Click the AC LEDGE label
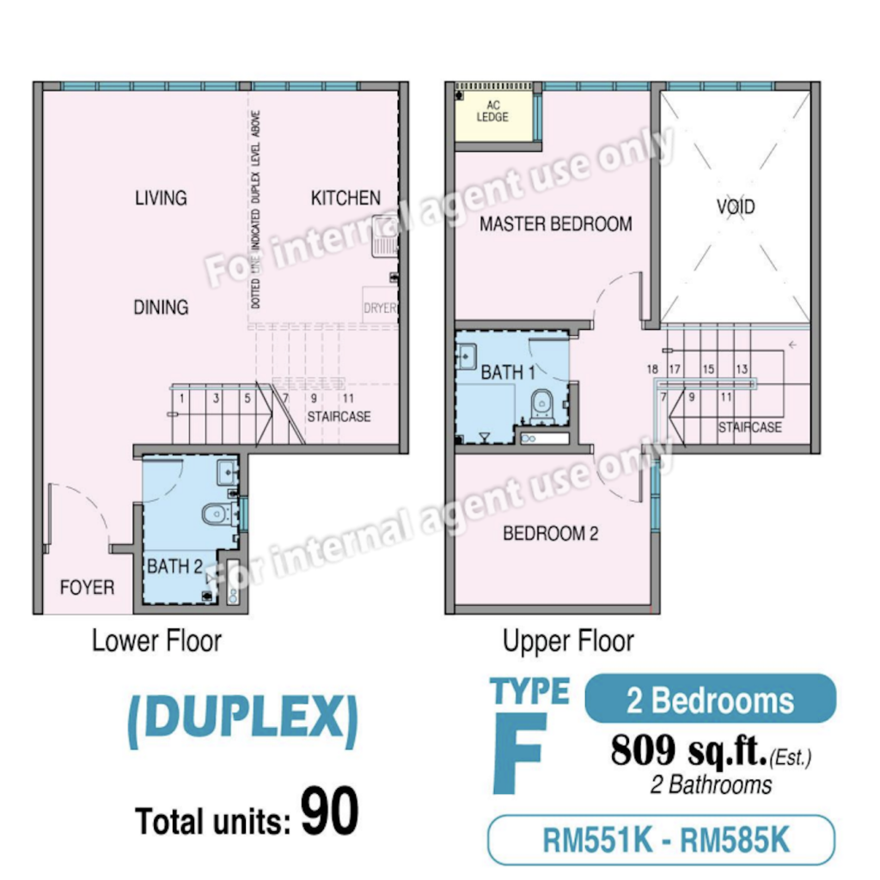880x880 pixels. pos(492,111)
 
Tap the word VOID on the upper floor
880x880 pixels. pos(736,206)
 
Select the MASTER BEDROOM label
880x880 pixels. pos(556,224)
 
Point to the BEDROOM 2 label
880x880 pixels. pos(550,533)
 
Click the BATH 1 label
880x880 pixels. pos(507,372)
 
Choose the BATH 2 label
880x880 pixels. pos(174,566)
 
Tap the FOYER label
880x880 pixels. pos(87,588)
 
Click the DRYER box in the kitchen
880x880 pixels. pos(380,305)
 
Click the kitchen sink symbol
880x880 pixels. pos(385,236)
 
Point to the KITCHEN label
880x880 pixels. pos(345,199)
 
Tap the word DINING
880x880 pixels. pos(161,308)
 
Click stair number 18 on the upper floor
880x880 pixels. pos(652,370)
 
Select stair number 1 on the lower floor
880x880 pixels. pos(182,399)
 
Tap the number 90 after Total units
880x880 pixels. pos(329,810)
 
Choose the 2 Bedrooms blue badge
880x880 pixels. pos(710,699)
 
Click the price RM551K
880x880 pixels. pos(598,840)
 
